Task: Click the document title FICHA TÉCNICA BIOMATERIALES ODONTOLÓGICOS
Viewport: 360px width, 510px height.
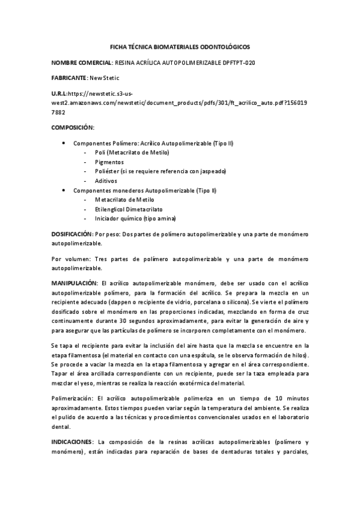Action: pos(180,46)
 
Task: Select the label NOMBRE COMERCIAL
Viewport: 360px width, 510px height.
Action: pos(82,62)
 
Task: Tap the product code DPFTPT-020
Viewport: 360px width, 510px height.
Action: pos(239,62)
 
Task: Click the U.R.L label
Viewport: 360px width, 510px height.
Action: pos(59,94)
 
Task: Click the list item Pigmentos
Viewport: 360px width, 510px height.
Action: pos(109,162)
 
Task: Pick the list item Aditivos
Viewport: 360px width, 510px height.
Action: pos(106,180)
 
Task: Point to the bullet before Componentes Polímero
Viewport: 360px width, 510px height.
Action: pos(64,144)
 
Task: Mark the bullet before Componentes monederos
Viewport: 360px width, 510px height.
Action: pos(64,190)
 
